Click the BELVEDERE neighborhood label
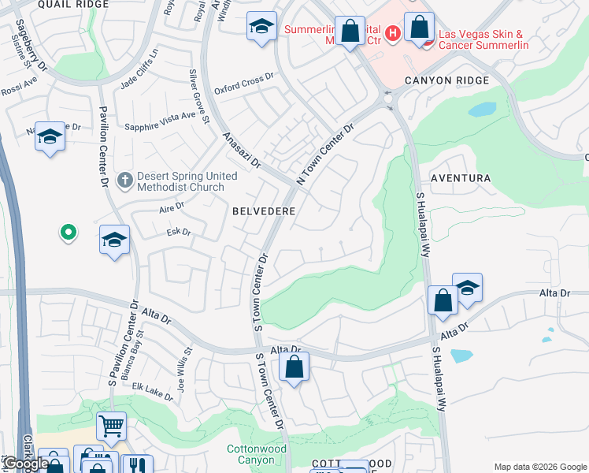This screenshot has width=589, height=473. pyautogui.click(x=264, y=211)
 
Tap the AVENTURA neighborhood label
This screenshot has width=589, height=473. pyautogui.click(x=461, y=179)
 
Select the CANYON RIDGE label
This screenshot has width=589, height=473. pyautogui.click(x=446, y=80)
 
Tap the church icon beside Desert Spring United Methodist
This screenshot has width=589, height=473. pyautogui.click(x=124, y=181)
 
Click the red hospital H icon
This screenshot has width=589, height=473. pyautogui.click(x=393, y=32)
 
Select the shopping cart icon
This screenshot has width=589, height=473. pyautogui.click(x=111, y=426)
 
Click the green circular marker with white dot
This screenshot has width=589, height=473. pyautogui.click(x=69, y=233)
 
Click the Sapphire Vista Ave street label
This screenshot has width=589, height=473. pyautogui.click(x=161, y=115)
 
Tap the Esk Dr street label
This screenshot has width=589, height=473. pyautogui.click(x=179, y=232)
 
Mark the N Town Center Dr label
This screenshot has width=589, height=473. pyautogui.click(x=325, y=154)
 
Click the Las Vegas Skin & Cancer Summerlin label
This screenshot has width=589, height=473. pyautogui.click(x=480, y=39)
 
